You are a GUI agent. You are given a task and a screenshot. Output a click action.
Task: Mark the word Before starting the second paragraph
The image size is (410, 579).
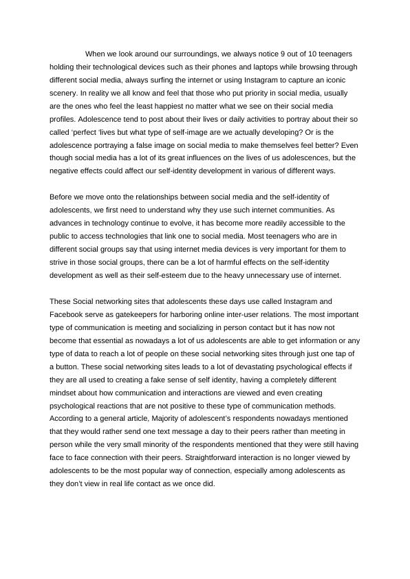[x=63, y=197]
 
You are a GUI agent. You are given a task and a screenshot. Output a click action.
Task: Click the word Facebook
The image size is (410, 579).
[x=67, y=314]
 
